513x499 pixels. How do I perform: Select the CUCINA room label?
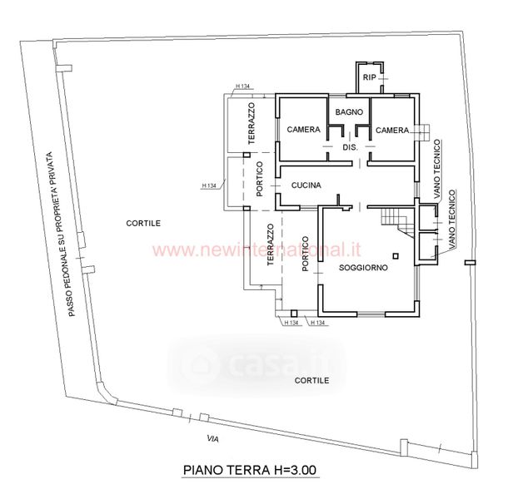point(306,186)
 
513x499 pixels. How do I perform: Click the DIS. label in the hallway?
point(350,147)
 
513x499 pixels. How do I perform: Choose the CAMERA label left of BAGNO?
point(304,131)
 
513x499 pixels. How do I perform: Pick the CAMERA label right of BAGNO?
point(391,131)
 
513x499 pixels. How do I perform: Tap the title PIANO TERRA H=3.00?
point(250,470)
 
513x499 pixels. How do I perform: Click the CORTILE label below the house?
point(311,380)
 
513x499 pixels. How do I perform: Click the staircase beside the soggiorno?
point(396,220)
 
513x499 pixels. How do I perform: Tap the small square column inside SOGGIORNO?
point(396,255)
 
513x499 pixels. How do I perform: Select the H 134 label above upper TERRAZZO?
point(243,86)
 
